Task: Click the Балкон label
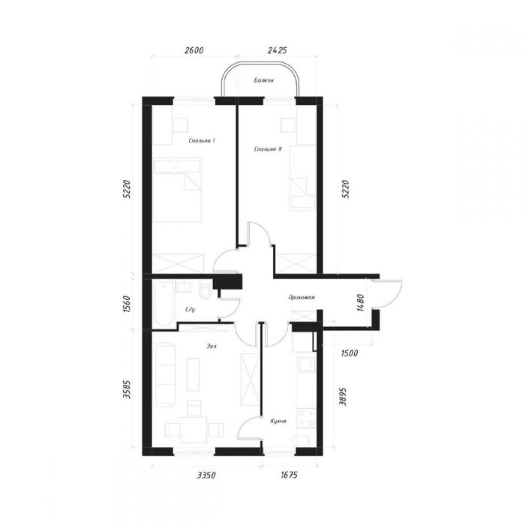click(263, 80)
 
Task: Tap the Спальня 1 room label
click(202, 141)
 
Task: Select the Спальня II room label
click(268, 149)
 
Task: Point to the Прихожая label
click(301, 297)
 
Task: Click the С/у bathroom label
click(190, 310)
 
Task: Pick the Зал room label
click(211, 346)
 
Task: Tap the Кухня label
click(278, 421)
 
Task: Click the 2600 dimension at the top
click(193, 50)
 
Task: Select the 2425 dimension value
click(277, 50)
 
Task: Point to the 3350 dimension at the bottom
click(206, 475)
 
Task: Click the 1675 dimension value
click(289, 475)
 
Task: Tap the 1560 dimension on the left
click(126, 304)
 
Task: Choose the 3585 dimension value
click(127, 389)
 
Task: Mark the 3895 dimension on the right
click(343, 397)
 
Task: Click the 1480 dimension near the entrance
click(360, 303)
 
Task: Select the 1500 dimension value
click(349, 353)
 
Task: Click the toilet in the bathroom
click(205, 291)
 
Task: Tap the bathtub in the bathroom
click(163, 304)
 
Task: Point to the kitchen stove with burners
click(306, 418)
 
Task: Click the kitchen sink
click(306, 364)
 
